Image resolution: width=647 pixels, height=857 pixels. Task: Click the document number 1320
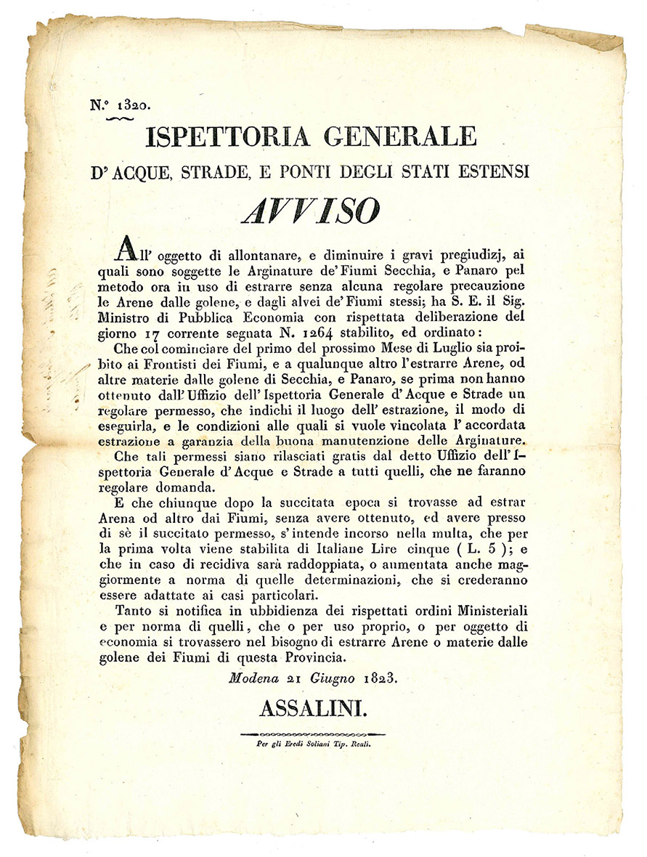133,104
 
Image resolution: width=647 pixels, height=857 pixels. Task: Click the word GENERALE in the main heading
396,137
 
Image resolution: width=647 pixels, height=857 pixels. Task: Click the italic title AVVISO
311,211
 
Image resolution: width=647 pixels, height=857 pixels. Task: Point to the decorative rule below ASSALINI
312,735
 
